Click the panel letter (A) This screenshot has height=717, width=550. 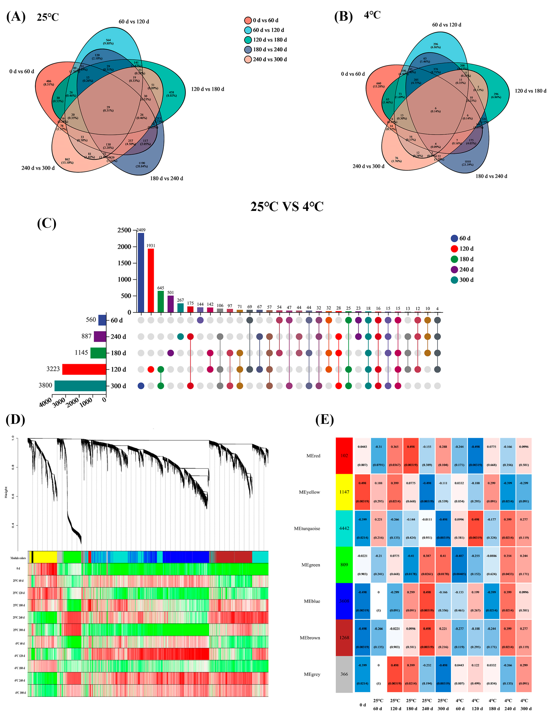tap(16, 16)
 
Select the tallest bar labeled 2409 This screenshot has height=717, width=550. tap(141, 272)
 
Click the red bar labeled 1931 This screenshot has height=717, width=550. tap(151, 280)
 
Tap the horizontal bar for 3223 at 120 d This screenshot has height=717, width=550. tap(84, 369)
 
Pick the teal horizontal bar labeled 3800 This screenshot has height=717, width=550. tap(80, 386)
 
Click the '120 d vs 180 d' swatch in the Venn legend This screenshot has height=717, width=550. tap(248, 40)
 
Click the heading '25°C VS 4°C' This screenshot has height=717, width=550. tap(287, 206)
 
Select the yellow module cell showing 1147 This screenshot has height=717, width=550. tap(344, 492)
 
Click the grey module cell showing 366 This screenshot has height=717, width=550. tap(344, 674)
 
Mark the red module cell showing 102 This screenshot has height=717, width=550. tap(344, 456)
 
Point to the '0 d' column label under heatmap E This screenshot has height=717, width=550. tap(362, 705)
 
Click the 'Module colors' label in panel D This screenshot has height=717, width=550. tap(18, 558)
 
